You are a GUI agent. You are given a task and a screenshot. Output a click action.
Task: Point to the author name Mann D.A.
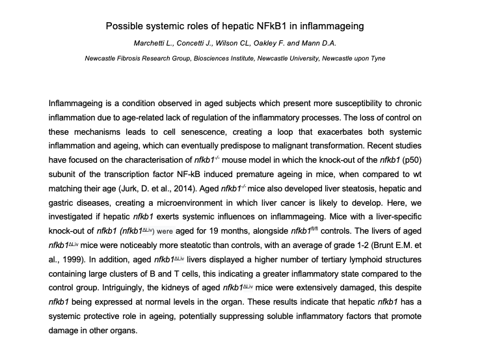coord(328,43)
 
